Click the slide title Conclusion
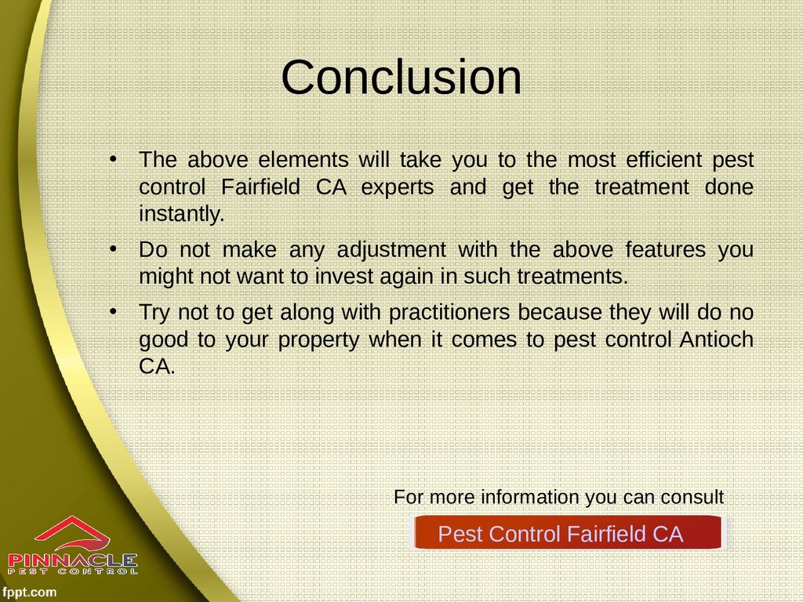click(401, 78)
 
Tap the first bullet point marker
click(113, 159)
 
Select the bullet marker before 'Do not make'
click(113, 249)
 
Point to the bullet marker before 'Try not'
click(113, 312)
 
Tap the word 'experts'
click(398, 187)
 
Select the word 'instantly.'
click(182, 213)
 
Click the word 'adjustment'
click(392, 250)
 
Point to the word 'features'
click(665, 249)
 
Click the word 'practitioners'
click(449, 313)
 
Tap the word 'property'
click(318, 340)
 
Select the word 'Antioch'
click(717, 339)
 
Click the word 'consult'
click(692, 496)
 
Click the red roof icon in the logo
click(73, 532)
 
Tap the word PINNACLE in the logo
click(73, 560)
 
